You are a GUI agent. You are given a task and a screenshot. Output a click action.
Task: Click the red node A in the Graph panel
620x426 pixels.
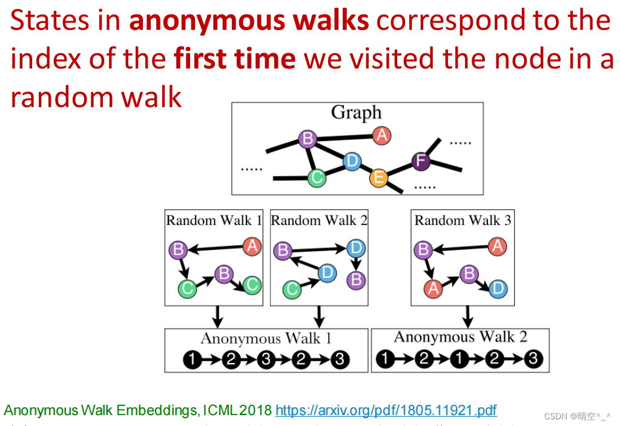(x=381, y=136)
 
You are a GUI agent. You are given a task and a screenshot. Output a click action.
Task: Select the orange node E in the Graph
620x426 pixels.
(x=378, y=178)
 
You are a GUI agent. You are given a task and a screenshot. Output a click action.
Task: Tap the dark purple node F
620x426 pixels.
(x=421, y=161)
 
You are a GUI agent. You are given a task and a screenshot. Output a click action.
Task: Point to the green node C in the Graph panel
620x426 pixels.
(x=316, y=177)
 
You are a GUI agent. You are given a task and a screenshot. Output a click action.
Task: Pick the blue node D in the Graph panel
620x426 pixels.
(x=351, y=161)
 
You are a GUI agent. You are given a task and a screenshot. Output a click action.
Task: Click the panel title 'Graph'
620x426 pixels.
(x=356, y=113)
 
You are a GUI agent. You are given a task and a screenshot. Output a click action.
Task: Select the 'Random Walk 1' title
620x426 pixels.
(x=214, y=220)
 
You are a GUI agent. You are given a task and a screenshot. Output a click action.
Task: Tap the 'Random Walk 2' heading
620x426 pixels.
(x=319, y=220)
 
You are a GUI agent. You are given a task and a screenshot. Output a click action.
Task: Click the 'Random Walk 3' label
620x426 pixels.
(x=463, y=220)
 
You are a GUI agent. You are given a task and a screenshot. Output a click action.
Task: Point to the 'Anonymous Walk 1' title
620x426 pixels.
(x=266, y=338)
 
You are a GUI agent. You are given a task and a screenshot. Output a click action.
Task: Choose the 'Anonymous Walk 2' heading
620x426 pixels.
(x=460, y=337)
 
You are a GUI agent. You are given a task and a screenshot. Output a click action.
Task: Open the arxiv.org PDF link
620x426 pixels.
(x=386, y=411)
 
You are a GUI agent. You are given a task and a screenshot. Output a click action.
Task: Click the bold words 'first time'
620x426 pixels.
(x=235, y=59)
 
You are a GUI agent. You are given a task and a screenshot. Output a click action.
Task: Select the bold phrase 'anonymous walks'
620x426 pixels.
(x=249, y=21)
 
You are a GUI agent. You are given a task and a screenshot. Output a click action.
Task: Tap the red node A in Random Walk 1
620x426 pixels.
(x=252, y=246)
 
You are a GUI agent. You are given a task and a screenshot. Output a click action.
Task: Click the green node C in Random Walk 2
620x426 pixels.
(x=292, y=289)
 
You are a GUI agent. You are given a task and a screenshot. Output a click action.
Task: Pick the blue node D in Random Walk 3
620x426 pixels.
(x=498, y=289)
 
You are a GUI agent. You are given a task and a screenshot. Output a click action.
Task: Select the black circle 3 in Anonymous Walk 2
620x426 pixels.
(x=533, y=360)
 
